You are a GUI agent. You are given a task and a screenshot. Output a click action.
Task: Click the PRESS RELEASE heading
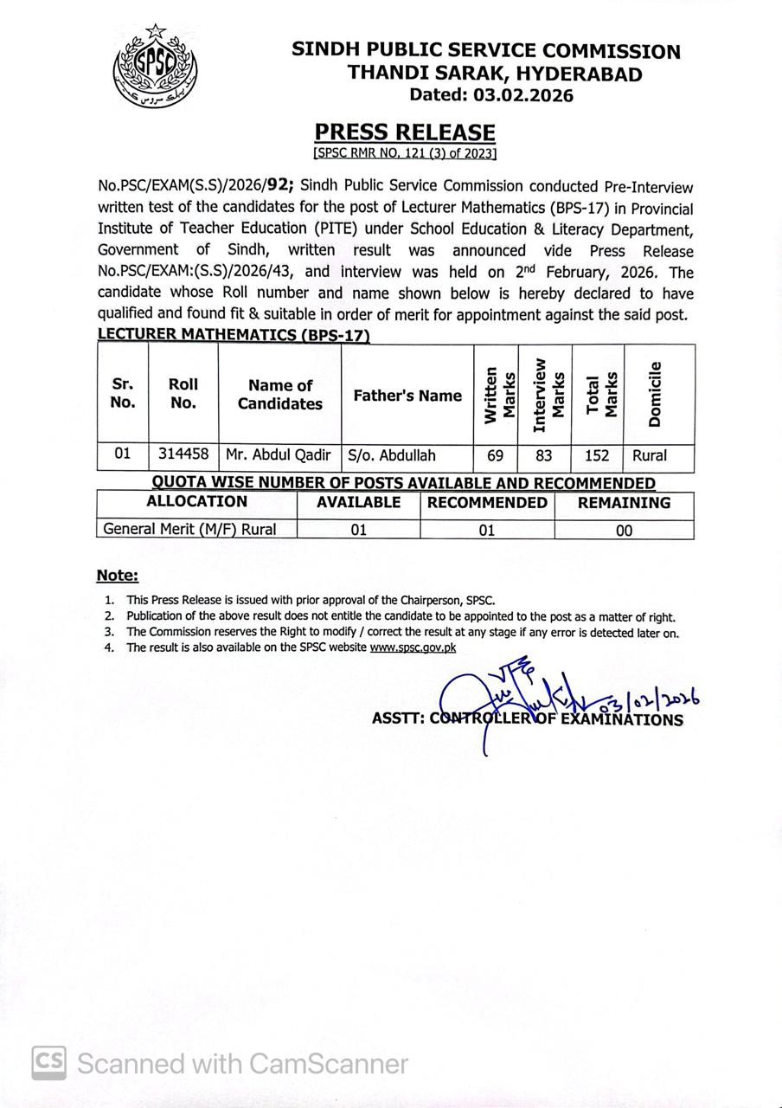coord(405,132)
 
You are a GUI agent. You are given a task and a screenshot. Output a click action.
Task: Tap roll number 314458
coord(183,454)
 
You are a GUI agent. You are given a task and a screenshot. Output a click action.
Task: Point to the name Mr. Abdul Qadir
coord(279,454)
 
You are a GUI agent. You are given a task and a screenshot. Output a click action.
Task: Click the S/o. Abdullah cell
coord(392,455)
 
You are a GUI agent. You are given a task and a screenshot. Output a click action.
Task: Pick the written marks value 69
coord(496,455)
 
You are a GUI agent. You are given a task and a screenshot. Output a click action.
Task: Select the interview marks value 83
coord(544,455)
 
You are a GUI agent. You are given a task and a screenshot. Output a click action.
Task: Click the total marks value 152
coord(597,455)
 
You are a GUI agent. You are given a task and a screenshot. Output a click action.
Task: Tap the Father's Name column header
coord(407,396)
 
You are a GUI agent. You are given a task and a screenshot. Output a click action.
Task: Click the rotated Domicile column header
coord(655,394)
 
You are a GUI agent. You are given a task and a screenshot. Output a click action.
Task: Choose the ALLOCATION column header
coord(196,502)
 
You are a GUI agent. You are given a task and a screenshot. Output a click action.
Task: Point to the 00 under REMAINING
coord(624,531)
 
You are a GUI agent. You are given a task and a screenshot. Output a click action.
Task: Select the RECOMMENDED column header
coord(487,503)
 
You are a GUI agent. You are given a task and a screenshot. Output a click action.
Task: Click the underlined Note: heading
coord(117,576)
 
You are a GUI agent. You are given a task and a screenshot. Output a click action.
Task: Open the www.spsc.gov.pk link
coord(413,647)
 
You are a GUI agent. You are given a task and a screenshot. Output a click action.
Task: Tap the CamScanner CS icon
coord(49,1062)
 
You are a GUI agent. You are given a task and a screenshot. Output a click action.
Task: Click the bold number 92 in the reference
coord(278,184)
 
